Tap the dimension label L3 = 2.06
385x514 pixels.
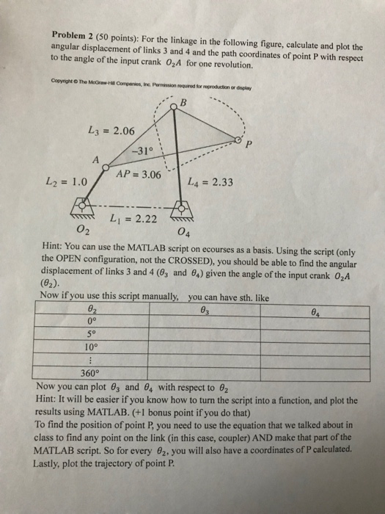point(110,131)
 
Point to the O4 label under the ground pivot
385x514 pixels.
point(184,234)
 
